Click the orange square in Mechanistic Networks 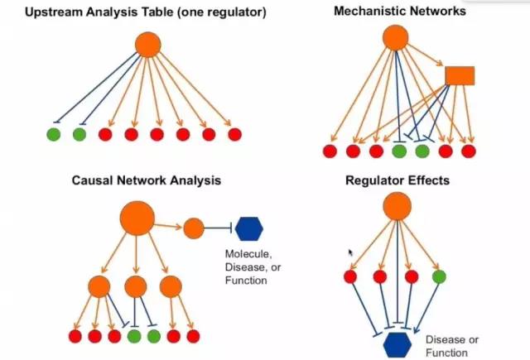pos(459,76)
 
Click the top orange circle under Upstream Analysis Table pos(147,44)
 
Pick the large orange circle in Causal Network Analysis pos(137,219)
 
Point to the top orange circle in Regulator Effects pos(397,205)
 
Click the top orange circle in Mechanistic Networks pos(395,37)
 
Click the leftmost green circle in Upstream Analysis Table pos(54,133)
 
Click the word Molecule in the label pos(246,253)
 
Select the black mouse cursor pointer pos(351,252)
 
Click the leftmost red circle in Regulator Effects pos(350,276)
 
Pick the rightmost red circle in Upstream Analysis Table pos(234,133)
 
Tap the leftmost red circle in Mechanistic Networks pos(330,151)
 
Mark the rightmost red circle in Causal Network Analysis pos(193,336)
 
